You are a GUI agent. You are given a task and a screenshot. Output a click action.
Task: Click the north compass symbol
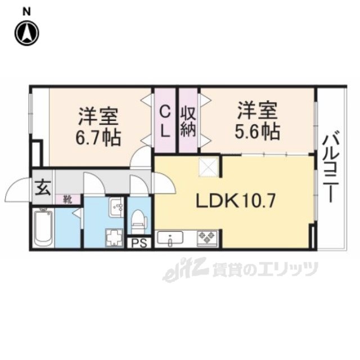pos(27,34)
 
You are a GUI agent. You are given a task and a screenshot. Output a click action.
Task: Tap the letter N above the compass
pos(26,12)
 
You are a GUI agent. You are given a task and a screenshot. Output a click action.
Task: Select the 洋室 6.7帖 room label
pos(98,127)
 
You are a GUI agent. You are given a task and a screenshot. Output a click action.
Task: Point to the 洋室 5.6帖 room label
pos(257,120)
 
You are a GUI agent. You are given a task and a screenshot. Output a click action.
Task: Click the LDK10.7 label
pos(235,200)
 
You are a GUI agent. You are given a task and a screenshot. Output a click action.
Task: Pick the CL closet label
pos(165,122)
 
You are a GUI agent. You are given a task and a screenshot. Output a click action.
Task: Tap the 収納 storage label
pos(188,122)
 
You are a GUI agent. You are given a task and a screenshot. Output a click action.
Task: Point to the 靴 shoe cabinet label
pos(67,199)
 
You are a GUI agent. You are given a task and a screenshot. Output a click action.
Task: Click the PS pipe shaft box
pos(139,243)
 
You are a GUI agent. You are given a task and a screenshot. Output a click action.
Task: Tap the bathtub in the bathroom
pos(43,227)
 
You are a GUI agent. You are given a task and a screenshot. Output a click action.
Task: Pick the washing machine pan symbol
pos(114,237)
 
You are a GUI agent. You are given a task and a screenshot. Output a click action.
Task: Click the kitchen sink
pos(170,238)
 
